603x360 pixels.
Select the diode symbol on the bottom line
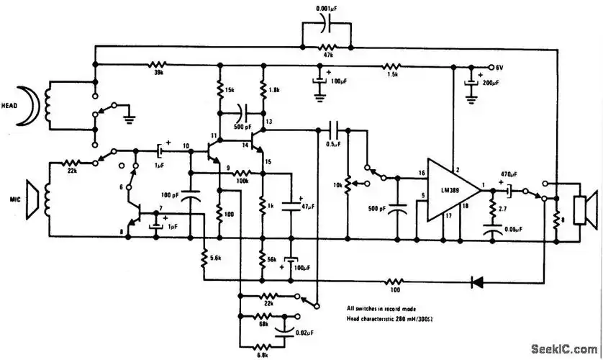[477, 282]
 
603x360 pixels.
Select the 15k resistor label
[228, 91]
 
